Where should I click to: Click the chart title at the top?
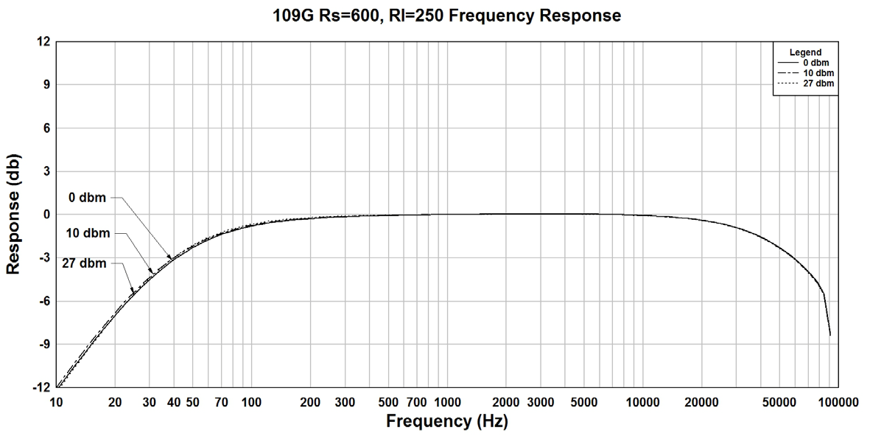click(447, 15)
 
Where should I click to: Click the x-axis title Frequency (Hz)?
click(447, 421)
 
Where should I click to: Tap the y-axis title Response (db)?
click(13, 215)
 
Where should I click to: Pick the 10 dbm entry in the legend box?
click(817, 73)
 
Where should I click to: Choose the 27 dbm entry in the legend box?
click(817, 83)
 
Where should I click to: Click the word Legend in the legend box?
click(805, 52)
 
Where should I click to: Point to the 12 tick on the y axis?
click(43, 42)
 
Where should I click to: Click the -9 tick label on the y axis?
click(43, 344)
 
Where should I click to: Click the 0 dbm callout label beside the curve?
click(87, 198)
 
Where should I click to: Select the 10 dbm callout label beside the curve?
click(88, 233)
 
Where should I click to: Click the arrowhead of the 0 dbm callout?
click(171, 258)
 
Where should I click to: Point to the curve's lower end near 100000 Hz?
click(830, 335)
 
